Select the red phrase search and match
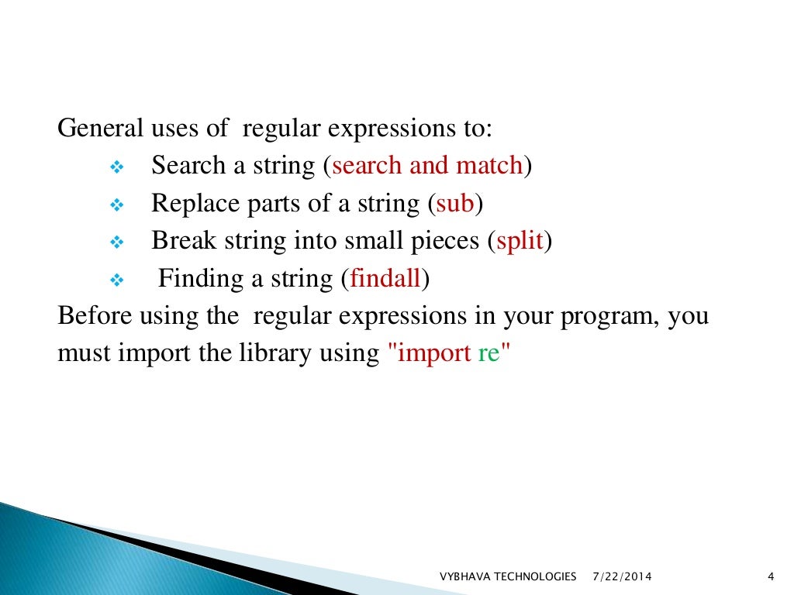point(427,166)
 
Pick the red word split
point(520,241)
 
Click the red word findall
point(385,278)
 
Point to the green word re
point(489,353)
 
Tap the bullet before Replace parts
point(117,205)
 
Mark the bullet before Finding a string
point(117,280)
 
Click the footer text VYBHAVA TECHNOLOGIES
point(508,576)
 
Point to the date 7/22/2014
point(622,576)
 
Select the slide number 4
point(770,576)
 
